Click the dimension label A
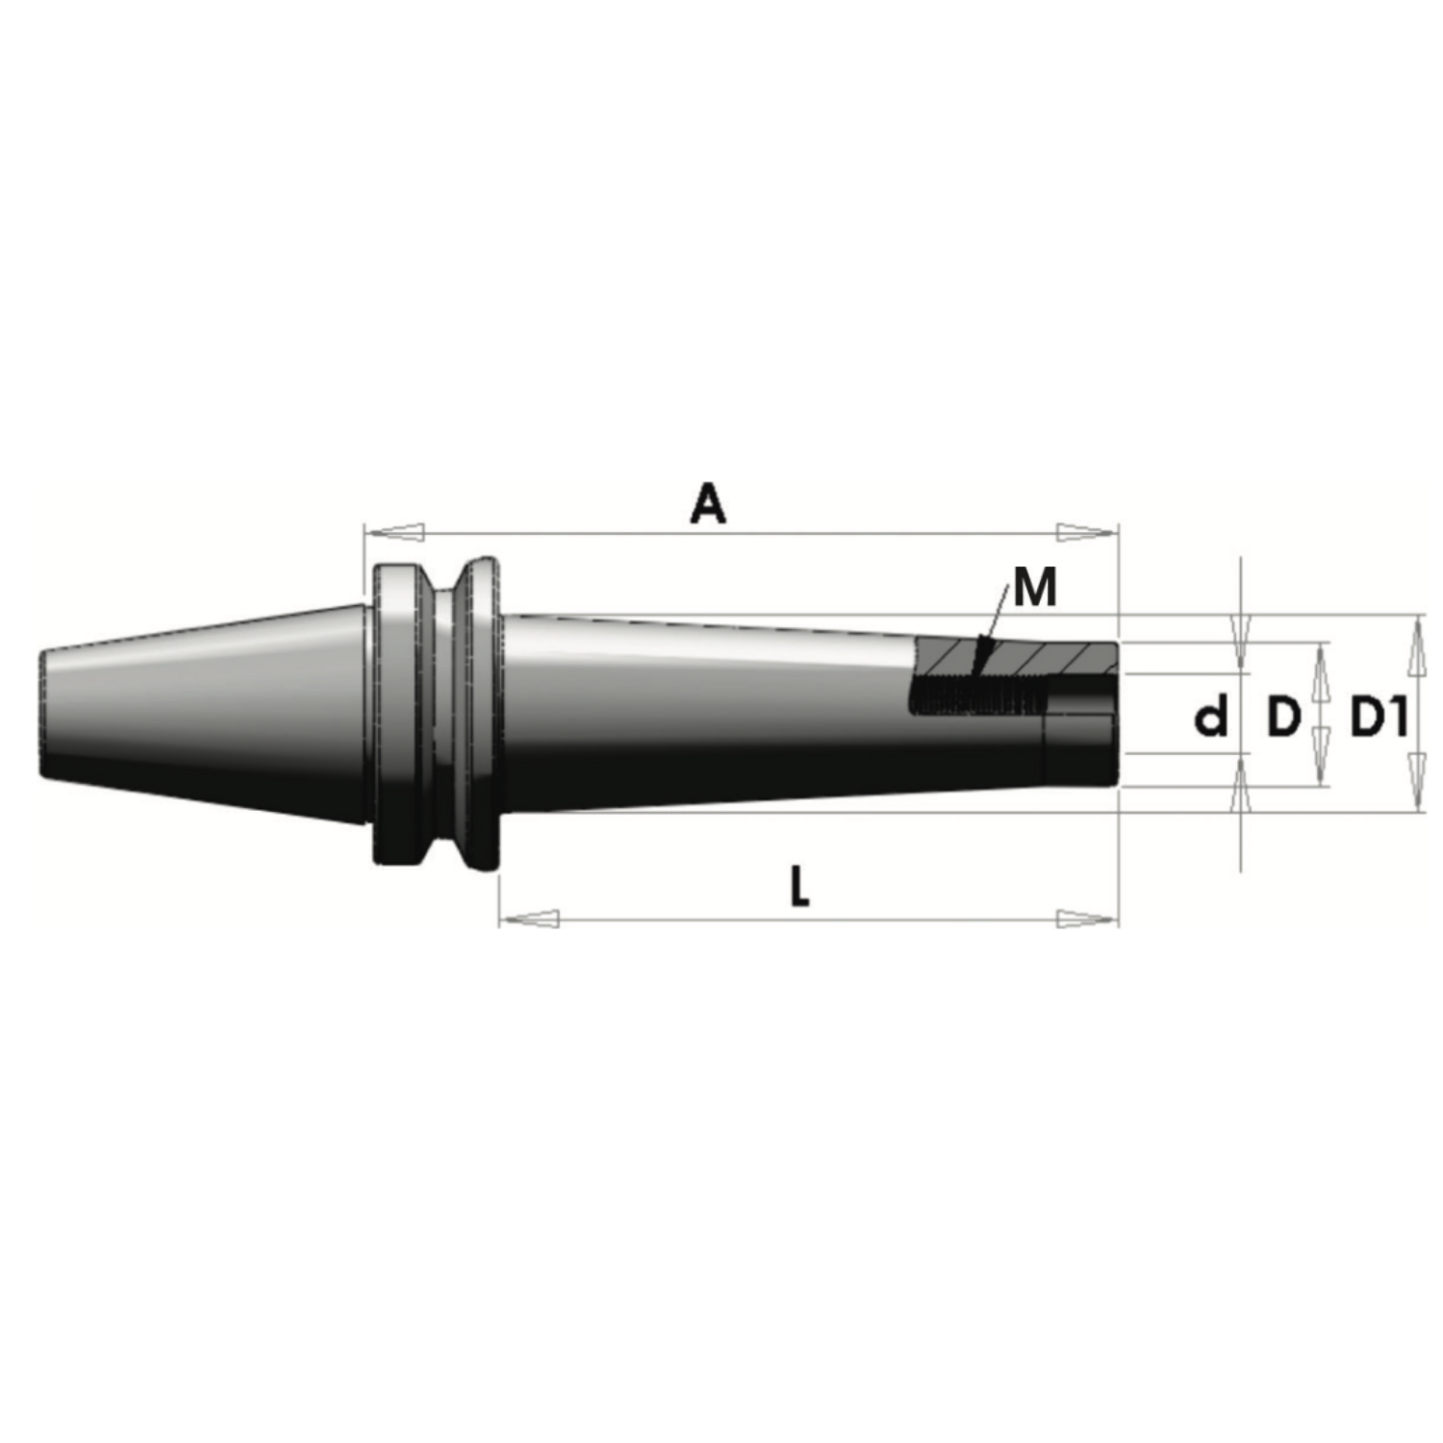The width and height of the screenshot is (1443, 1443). (x=708, y=504)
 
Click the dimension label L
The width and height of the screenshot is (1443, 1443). (x=799, y=886)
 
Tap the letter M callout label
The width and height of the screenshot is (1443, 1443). (x=1035, y=587)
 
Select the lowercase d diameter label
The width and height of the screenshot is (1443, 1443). (x=1212, y=717)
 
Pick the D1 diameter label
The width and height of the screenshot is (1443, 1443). (x=1380, y=717)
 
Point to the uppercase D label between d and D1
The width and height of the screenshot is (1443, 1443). (x=1283, y=717)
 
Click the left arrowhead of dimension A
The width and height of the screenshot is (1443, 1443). (x=393, y=532)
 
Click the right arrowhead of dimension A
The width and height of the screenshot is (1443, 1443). (x=1088, y=532)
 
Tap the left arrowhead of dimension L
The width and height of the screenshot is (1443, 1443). (x=530, y=919)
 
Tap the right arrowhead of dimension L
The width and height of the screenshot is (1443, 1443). (x=1088, y=919)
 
